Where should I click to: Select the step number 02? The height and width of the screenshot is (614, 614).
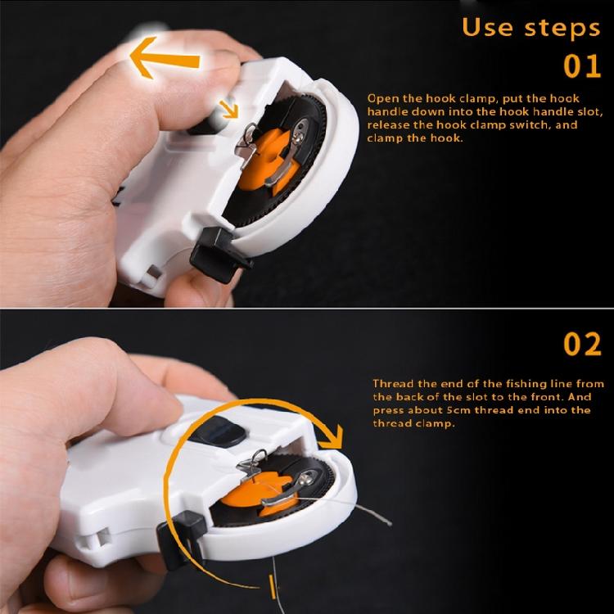[x=583, y=344]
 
